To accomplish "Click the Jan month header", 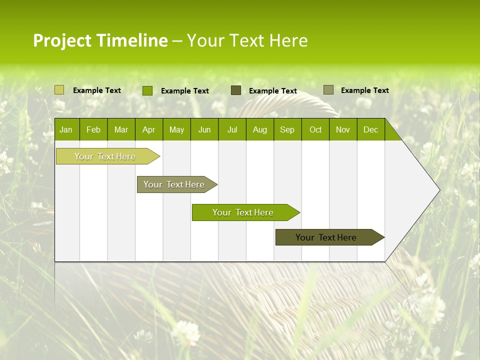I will click(x=66, y=129).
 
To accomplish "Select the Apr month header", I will click(x=149, y=129).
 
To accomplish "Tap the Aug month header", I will click(x=260, y=129).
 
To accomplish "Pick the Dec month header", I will click(x=370, y=129).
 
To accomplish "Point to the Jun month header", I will click(x=204, y=129).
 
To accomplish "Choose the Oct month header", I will click(x=315, y=129).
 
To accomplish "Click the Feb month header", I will click(x=93, y=129).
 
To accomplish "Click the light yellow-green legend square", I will click(x=59, y=90).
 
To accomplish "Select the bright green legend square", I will click(x=147, y=90).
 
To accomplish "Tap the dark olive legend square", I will click(x=235, y=90).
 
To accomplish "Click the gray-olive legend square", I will click(x=328, y=90).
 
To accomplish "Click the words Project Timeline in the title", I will click(x=100, y=40).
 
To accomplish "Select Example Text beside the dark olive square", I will click(x=272, y=91).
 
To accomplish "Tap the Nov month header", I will click(x=343, y=129).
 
